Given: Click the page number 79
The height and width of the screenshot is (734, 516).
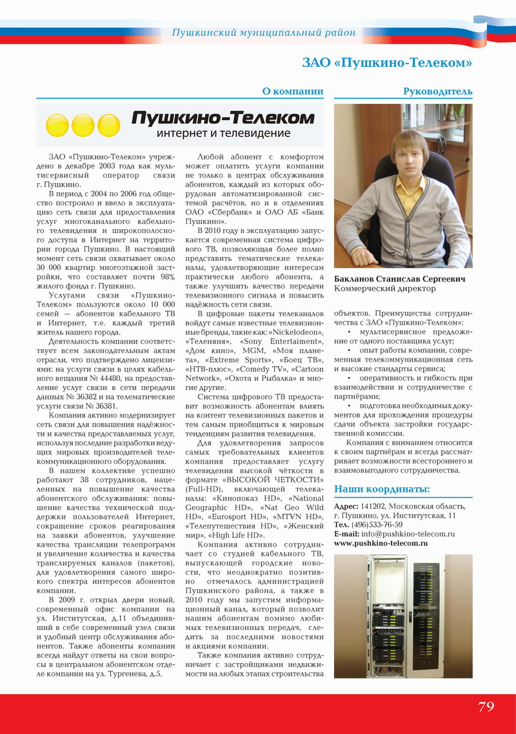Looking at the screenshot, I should coord(486,706).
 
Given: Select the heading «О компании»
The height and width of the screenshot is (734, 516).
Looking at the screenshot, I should coord(292,92).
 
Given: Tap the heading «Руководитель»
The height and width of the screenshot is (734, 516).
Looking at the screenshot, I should coord(437,92).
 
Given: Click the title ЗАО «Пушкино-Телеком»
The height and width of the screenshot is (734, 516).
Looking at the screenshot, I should coord(387,63).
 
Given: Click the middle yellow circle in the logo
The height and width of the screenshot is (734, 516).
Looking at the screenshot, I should coord(83,125).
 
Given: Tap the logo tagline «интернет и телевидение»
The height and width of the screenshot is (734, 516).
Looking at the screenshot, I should coord(223,133).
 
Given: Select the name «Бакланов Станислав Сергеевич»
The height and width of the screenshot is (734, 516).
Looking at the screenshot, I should coord(399,279).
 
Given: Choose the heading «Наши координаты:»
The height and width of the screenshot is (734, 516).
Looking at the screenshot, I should coord(382,488).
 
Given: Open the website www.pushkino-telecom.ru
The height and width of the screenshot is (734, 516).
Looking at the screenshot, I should coord(381,544).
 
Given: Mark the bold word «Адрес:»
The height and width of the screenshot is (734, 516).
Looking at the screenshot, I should coord(346,506).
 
